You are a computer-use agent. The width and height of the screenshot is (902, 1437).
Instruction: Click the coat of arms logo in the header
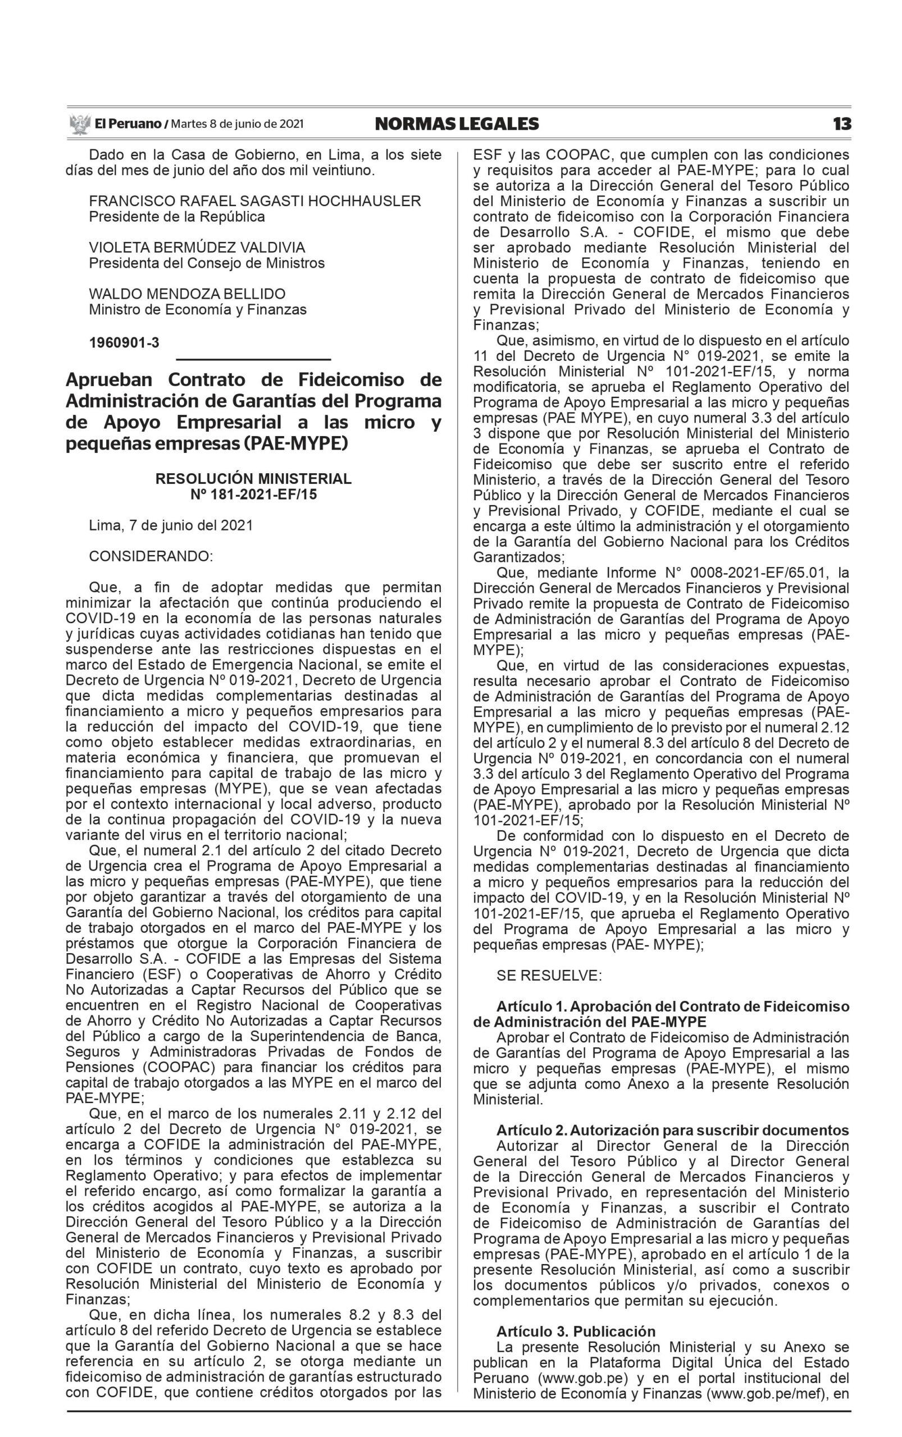[79, 124]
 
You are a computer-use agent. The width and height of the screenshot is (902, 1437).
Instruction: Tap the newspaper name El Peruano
[127, 124]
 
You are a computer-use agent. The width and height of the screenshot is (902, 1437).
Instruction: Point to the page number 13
[842, 124]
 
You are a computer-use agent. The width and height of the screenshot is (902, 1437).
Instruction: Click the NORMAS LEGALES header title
[457, 124]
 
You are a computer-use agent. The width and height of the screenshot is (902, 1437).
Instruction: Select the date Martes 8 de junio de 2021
[238, 124]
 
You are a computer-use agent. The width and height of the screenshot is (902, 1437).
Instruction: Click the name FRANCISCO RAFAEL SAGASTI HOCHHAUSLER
[255, 201]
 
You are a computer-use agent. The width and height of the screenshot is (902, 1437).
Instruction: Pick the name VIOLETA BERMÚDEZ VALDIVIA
[197, 248]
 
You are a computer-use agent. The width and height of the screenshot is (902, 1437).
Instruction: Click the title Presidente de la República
[176, 217]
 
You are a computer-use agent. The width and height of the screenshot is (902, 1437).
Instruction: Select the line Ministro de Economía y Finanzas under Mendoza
[198, 309]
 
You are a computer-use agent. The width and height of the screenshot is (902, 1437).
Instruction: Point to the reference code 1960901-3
[124, 343]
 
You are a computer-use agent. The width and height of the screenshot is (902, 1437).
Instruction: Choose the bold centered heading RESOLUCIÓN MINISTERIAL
[253, 479]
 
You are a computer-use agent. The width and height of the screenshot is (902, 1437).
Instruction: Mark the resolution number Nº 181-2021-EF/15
[253, 495]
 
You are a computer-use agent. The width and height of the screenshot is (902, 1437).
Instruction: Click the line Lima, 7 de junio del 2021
[171, 525]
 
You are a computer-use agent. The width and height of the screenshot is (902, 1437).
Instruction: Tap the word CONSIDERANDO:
[151, 556]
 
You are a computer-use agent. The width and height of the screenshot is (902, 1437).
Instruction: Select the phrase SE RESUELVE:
[549, 976]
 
